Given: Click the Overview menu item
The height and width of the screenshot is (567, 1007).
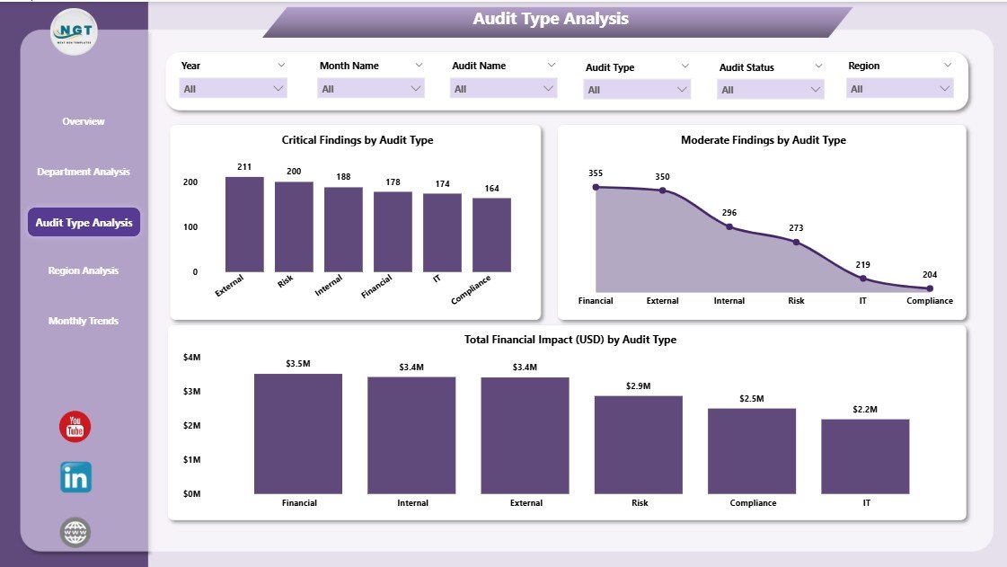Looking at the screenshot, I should coord(84,121).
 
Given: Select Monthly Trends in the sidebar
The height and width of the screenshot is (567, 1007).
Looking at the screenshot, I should coord(84,321).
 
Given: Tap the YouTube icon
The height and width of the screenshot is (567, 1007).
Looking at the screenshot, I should coord(75,427).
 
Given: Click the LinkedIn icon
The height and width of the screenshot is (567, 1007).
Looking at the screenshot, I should coord(75,478).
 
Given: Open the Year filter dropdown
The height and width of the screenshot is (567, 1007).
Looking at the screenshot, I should coord(234,88).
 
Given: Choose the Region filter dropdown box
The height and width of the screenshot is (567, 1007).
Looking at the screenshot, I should coord(899,88).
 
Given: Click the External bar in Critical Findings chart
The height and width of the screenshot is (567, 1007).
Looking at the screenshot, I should coord(244,225).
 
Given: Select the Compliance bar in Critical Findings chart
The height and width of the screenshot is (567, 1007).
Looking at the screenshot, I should coord(491,235).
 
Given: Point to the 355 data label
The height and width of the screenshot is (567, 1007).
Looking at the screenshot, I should coord(596,173).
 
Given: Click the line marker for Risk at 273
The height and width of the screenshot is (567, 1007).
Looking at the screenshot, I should coord(796,243).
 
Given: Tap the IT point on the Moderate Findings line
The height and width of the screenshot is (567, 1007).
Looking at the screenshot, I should coord(862,278).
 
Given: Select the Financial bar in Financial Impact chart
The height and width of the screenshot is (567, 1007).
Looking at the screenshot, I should coord(298,433).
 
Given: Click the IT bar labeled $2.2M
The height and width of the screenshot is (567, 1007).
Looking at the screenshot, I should coord(865,456).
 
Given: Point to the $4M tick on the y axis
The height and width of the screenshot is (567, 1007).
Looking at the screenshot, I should coord(192,358).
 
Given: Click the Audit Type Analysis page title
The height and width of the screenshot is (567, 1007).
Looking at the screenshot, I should coord(551,19).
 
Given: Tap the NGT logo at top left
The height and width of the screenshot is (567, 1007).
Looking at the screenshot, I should coord(73,32).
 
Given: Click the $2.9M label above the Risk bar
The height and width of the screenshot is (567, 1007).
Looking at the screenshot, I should coord(638,385).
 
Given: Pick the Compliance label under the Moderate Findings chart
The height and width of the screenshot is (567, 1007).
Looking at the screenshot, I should coord(930,301).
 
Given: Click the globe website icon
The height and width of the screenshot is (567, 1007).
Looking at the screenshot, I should coord(75,533).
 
